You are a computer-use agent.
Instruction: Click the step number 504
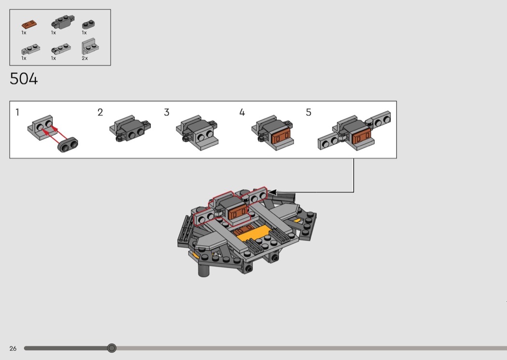coord(24,79)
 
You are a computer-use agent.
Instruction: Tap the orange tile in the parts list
coord(29,24)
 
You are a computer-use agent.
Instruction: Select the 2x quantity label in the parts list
coord(84,58)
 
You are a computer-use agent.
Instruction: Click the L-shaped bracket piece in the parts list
coord(90,46)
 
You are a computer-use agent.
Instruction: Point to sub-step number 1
coord(17,112)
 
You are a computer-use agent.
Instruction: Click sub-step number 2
coord(100,112)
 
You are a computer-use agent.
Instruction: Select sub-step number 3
coord(167,112)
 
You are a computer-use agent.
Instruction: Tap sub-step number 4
coord(242,112)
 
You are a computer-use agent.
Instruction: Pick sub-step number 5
coord(309,112)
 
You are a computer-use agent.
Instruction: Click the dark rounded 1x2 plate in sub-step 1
coord(68,145)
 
